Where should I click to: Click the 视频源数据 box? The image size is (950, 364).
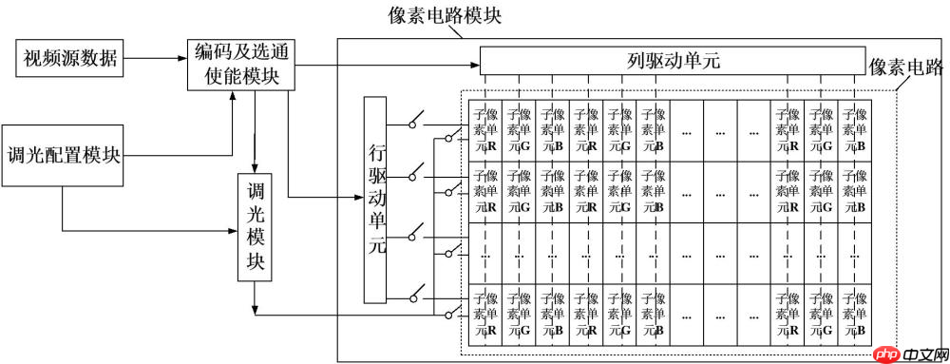[69, 59]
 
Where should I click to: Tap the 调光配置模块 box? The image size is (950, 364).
[64, 155]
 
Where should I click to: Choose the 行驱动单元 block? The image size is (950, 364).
[376, 201]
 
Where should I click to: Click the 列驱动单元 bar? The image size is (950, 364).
[673, 61]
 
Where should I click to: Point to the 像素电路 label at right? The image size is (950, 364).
[906, 67]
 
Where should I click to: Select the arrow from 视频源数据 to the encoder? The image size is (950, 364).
[156, 59]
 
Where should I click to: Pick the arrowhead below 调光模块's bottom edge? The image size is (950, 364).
[255, 307]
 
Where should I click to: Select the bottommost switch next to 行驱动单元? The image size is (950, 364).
[417, 297]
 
